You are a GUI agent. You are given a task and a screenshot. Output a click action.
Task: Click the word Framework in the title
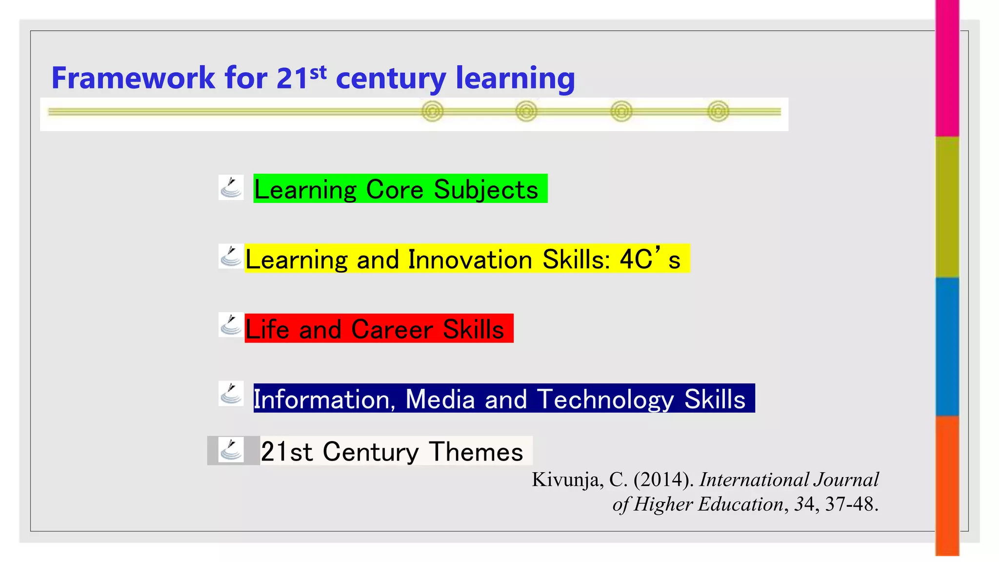pos(133,78)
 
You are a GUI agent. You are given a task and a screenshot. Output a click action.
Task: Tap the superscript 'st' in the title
pos(318,72)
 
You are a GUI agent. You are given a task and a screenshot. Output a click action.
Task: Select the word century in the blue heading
pos(391,79)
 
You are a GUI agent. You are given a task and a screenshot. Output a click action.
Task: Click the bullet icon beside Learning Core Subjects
pos(231,188)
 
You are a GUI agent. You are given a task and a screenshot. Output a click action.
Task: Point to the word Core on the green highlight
pos(395,190)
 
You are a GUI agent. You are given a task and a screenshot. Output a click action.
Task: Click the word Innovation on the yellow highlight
pos(470,260)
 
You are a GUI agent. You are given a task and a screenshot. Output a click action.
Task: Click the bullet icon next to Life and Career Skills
pos(231,325)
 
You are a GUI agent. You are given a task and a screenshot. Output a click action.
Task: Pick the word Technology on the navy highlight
pos(605,400)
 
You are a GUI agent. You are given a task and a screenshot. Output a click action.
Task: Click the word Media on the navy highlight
pos(440,400)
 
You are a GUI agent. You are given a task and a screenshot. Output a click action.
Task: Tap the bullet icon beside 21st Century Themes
pos(231,450)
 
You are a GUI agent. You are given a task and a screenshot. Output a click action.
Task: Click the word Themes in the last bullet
pos(476,452)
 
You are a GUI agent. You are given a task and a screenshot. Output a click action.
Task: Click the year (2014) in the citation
pos(663,480)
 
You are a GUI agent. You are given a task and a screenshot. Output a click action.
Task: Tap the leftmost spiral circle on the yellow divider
pos(433,112)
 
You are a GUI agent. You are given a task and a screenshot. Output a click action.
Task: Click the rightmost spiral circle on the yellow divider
pos(718,112)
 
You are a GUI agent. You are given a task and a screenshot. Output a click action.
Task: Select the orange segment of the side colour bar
pos(947,485)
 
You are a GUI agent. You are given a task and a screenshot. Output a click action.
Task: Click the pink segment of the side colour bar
pos(947,68)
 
